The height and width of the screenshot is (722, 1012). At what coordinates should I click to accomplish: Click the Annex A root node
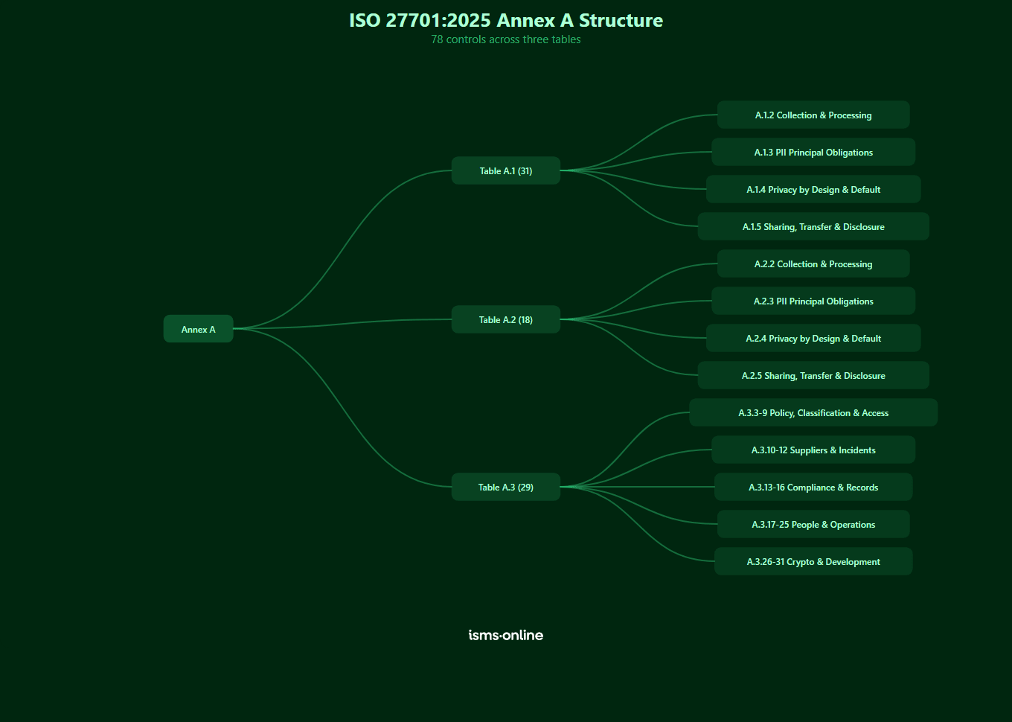pos(198,329)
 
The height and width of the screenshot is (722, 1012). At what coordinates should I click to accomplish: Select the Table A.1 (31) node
pos(506,170)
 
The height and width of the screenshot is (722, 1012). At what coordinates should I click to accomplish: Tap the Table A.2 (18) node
pos(506,319)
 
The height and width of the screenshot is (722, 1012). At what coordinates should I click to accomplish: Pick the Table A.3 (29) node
pos(506,487)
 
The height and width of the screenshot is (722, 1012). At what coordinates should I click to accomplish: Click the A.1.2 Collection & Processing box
pos(813,115)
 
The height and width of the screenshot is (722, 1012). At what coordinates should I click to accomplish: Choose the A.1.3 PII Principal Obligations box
pos(813,152)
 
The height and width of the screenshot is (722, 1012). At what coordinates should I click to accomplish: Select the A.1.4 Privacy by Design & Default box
pos(813,189)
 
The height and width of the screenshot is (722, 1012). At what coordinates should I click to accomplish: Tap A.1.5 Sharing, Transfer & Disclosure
pos(813,226)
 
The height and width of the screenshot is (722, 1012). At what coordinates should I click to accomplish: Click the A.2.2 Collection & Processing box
pos(813,263)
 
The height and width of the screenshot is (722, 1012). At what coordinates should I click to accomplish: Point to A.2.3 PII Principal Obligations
pos(813,301)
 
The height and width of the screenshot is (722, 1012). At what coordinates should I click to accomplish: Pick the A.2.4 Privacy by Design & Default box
pos(813,338)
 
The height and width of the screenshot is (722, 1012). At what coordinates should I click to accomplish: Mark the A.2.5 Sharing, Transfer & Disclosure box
pos(813,375)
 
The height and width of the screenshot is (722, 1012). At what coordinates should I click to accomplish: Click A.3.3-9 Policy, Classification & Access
pos(813,412)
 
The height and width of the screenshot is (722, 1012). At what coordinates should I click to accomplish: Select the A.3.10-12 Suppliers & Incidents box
pos(813,450)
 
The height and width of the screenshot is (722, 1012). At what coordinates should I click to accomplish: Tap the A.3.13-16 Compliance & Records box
pos(813,487)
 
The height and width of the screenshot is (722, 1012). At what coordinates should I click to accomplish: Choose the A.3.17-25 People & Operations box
pos(813,524)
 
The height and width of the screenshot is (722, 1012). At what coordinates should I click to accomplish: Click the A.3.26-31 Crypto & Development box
pos(813,561)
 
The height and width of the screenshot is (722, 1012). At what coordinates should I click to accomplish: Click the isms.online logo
pos(506,635)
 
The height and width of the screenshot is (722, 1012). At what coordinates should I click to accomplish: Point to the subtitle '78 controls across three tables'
pos(506,39)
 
